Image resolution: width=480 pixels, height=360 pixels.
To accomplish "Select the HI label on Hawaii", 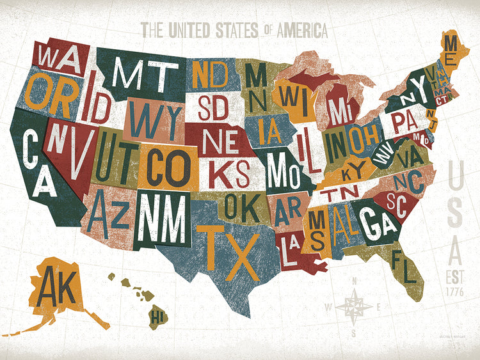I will point(156,315).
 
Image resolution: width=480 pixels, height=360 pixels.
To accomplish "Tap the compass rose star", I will point(354,306).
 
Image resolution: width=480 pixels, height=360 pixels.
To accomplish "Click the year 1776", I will point(456,292).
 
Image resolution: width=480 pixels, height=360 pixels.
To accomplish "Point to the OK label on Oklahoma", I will point(239,206).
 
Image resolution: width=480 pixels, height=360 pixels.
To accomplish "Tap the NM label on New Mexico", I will point(163,218).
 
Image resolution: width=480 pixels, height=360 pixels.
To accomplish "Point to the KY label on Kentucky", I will point(353,171).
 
